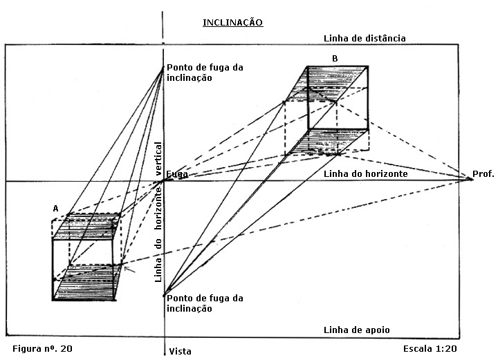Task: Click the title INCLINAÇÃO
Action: tap(232, 23)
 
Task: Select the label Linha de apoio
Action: tap(361, 330)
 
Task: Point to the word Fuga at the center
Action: tap(176, 175)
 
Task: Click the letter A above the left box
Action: tap(55, 208)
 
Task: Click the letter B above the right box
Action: tap(335, 59)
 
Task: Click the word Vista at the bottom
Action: tap(180, 351)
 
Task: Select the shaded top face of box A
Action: tap(87, 227)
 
